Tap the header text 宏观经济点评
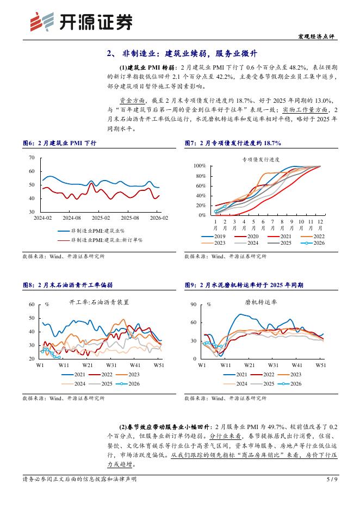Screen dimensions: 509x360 point(318,36)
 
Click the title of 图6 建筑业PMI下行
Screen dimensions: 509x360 point(59,143)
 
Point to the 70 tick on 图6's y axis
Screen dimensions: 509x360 point(31,158)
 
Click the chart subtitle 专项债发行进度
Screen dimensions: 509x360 point(260,159)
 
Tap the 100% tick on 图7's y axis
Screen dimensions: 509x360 point(199,165)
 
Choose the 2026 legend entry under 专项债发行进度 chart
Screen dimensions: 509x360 point(315,243)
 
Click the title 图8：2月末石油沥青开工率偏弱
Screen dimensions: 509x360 point(67,284)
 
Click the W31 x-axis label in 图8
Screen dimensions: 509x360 point(111,365)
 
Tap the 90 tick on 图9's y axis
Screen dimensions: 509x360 point(193,305)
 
